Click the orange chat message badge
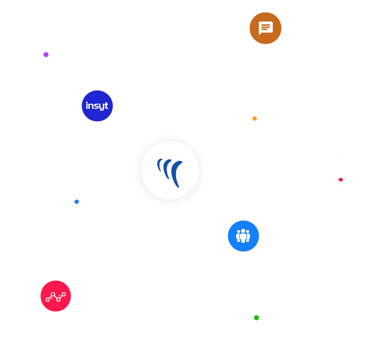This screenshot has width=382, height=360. click(x=266, y=28)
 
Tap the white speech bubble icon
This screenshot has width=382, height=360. click(x=266, y=28)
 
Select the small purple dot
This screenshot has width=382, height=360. click(x=46, y=54)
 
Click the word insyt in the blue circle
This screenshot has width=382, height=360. click(x=97, y=106)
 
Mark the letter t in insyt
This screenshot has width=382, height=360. click(x=107, y=106)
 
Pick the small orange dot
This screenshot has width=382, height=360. click(x=255, y=118)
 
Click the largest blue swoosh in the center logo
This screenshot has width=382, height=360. click(x=177, y=174)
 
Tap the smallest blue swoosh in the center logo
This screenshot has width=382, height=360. click(x=159, y=163)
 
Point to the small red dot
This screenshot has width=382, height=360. click(x=341, y=179)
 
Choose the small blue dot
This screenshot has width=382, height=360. click(x=76, y=202)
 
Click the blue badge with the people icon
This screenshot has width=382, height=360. click(x=244, y=236)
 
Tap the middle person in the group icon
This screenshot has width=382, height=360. click(x=244, y=235)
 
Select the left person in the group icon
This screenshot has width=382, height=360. click(x=239, y=237)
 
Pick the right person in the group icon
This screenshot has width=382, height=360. click(x=249, y=237)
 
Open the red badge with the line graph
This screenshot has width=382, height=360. click(x=55, y=296)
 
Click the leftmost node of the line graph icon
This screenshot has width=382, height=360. click(x=48, y=300)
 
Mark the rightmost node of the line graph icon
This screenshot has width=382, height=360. click(x=64, y=294)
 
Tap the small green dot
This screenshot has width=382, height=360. click(x=257, y=318)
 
